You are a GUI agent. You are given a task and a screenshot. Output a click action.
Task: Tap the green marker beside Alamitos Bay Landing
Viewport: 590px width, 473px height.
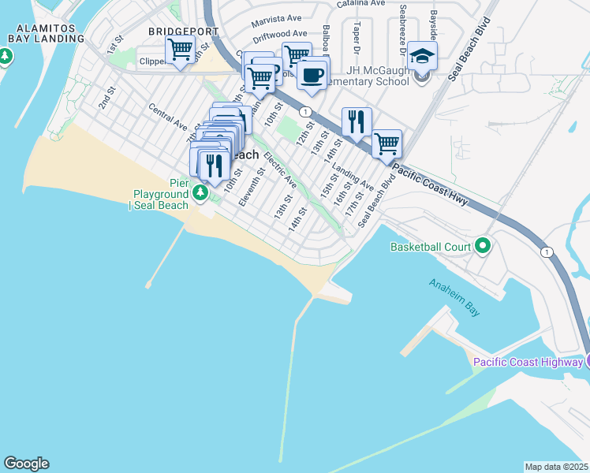pos(6,56)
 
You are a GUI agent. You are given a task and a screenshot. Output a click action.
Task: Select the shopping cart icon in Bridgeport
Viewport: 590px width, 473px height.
pos(181,50)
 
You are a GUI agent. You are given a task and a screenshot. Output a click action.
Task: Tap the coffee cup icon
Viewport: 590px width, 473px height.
pos(313,75)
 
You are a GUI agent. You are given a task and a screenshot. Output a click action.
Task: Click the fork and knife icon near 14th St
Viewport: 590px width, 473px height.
pos(357,121)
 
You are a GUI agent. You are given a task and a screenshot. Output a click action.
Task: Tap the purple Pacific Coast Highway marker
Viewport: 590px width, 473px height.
pos(587,362)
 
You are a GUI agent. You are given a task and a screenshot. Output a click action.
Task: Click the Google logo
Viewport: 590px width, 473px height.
pos(26,464)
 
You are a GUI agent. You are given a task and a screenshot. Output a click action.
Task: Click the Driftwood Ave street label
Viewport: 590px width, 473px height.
pos(280,35)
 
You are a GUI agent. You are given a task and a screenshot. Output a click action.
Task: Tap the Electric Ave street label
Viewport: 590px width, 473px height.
pos(280,169)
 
